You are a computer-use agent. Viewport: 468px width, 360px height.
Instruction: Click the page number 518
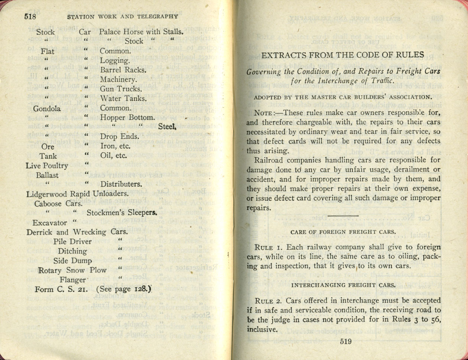pos(32,16)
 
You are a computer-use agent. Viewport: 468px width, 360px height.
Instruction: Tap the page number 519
pos(345,342)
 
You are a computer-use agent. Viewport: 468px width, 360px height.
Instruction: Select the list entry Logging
pos(115,60)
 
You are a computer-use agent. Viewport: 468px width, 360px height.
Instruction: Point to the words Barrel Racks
pos(123,70)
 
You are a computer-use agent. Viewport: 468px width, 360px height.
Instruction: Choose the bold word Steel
pos(166,127)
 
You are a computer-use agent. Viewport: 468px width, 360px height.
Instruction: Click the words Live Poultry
pos(47,166)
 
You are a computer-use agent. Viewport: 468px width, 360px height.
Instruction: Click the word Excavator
pos(50,223)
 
